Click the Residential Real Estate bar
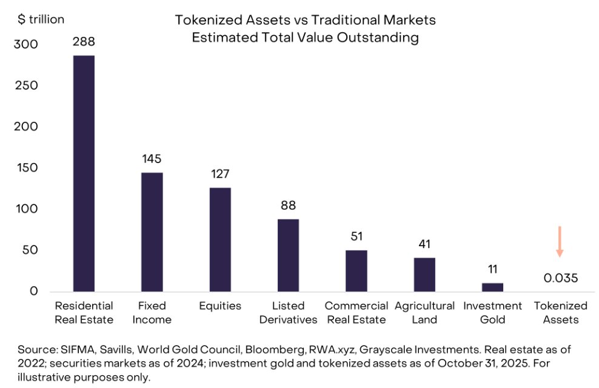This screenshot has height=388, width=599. coord(84,173)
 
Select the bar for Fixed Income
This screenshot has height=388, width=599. coord(152,232)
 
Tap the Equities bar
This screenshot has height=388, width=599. coord(220,239)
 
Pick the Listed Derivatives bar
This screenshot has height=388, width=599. coord(288,255)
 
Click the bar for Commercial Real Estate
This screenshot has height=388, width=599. coord(356,270)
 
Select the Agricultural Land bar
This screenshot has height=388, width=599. coord(424,275)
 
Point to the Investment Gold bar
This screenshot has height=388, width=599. coord(492,287)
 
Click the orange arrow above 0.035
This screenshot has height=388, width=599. coord(560,241)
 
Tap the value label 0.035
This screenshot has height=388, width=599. coord(560,278)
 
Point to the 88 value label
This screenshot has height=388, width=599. coord(288,206)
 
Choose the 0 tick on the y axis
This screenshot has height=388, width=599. coord(33,291)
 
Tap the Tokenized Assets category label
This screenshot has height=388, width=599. coord(560,313)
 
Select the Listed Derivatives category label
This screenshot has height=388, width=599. coord(288,313)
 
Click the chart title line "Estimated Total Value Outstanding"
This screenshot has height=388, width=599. coord(305,38)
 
